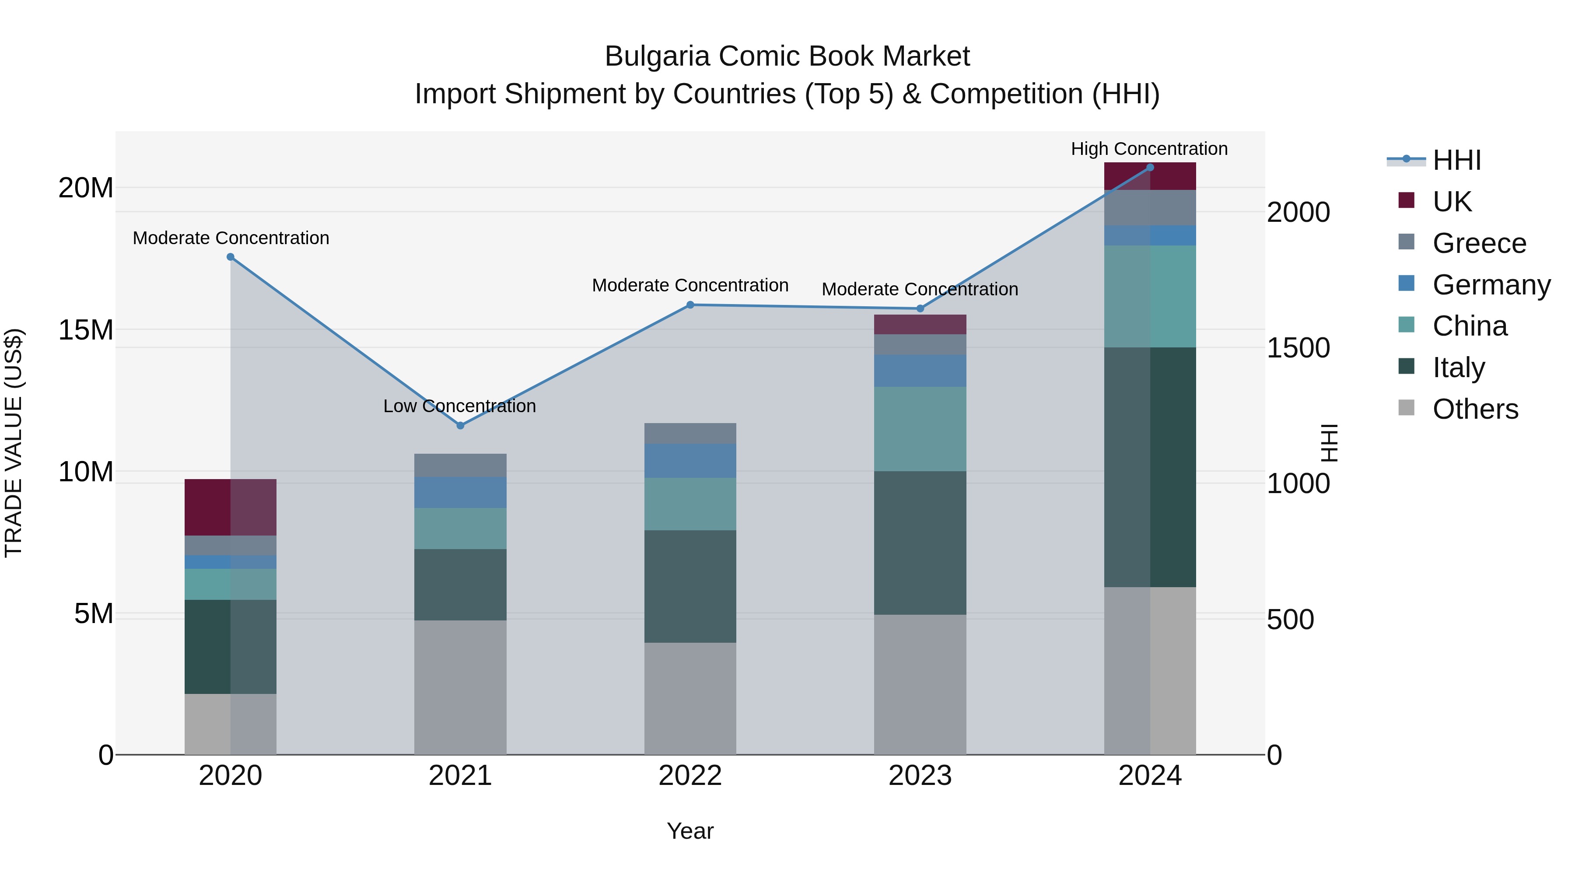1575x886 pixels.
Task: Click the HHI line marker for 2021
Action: tap(460, 426)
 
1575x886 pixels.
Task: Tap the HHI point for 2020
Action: tap(231, 257)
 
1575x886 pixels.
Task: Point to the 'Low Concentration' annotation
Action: tap(459, 406)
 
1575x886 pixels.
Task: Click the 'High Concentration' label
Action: tap(1149, 149)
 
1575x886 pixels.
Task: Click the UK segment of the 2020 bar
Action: tap(231, 507)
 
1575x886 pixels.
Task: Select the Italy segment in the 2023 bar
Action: tap(920, 543)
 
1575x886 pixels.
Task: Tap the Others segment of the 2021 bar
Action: tap(460, 687)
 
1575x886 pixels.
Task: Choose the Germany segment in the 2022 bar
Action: tap(690, 460)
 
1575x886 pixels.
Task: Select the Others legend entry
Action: tap(1475, 409)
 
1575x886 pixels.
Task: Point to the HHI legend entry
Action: tap(1456, 160)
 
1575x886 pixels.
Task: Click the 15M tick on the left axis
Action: tap(86, 330)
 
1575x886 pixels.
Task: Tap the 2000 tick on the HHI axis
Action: tap(1298, 213)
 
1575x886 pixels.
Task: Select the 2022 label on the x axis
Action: tap(690, 776)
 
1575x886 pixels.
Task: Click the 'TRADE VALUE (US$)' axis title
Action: tap(14, 443)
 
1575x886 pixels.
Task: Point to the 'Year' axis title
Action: tap(690, 831)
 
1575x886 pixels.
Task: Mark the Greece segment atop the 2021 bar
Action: tap(460, 466)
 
